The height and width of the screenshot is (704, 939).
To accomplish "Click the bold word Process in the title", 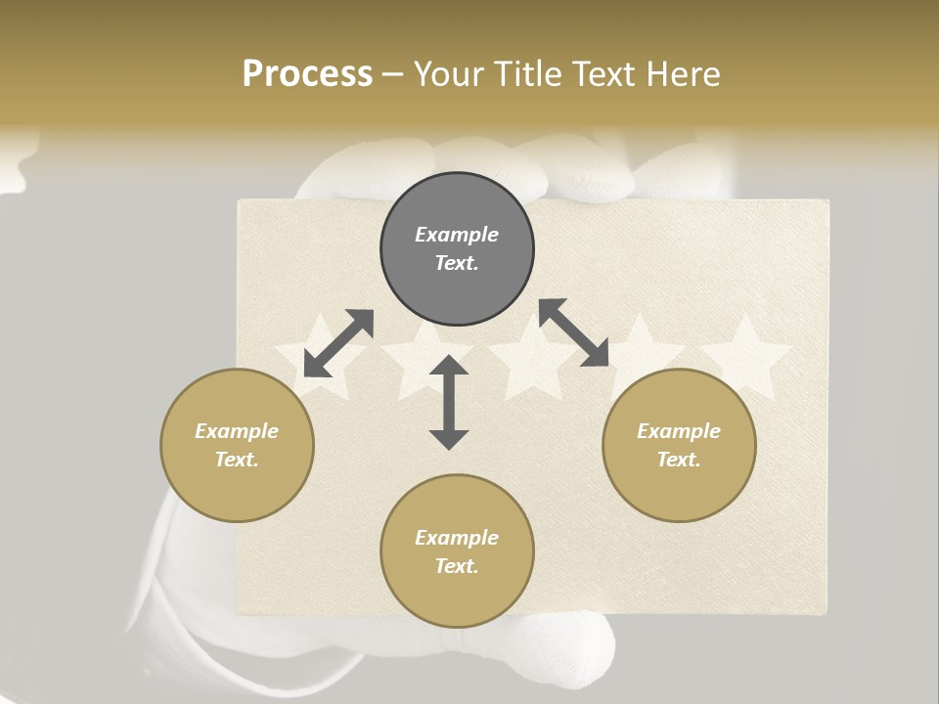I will pyautogui.click(x=307, y=74).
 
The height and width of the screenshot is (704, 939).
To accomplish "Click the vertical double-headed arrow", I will pyautogui.click(x=449, y=403).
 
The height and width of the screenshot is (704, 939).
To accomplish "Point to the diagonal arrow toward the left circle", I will pyautogui.click(x=338, y=343).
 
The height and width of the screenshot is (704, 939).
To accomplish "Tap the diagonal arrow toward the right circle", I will pyautogui.click(x=574, y=333).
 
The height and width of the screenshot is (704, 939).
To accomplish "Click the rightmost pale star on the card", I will pyautogui.click(x=745, y=357).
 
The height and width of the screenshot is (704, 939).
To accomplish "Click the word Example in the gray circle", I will pyautogui.click(x=457, y=235).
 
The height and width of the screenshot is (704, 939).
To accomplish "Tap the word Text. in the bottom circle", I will pyautogui.click(x=457, y=566).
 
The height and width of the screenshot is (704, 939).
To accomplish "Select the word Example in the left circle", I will pyautogui.click(x=237, y=431).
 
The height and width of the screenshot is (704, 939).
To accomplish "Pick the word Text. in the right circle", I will pyautogui.click(x=679, y=460).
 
